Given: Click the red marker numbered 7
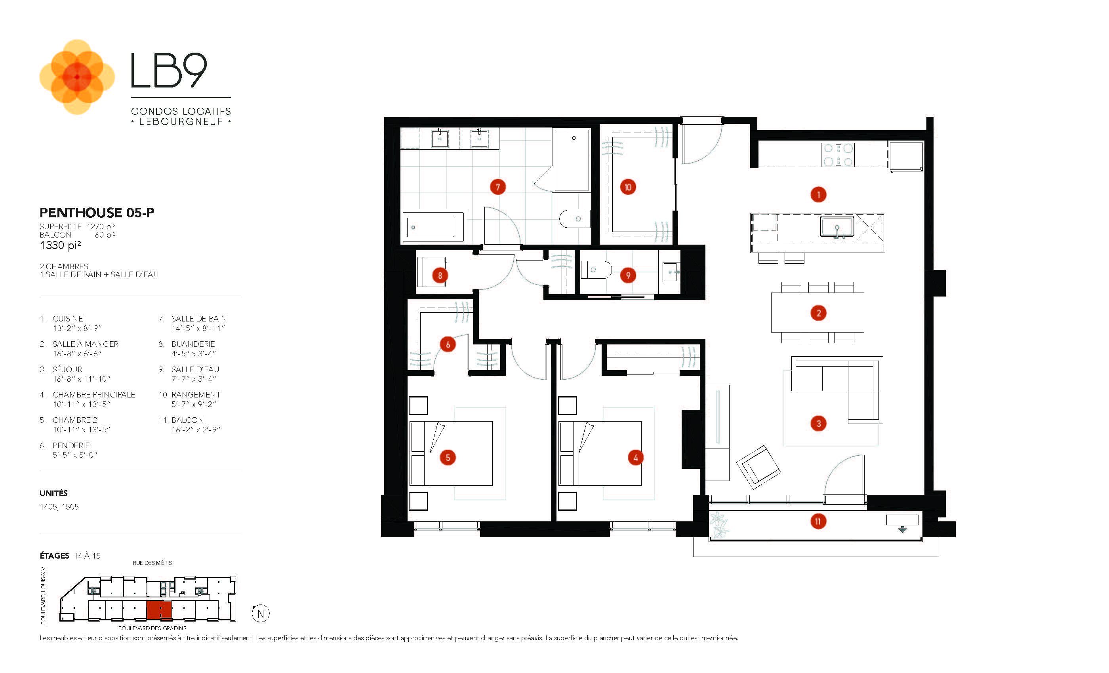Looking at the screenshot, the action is pos(497,187).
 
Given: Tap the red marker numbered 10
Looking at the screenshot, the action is pos(627,187).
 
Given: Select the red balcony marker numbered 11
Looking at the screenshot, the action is pos(818,521).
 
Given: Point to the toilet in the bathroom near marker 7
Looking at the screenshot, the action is pos(574,219).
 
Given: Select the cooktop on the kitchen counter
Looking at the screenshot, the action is pos(837,155).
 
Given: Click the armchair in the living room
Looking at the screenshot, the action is pos(759,467).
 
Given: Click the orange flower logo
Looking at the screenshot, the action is pos(77,77).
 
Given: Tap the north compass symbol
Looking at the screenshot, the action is pos(261,613).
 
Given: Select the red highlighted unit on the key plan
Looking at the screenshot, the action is pos(159,610).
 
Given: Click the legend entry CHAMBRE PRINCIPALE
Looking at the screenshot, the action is pos(93,395).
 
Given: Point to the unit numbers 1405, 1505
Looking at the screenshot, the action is pos(59,507).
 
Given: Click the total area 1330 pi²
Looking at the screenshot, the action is pos(60,245).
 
